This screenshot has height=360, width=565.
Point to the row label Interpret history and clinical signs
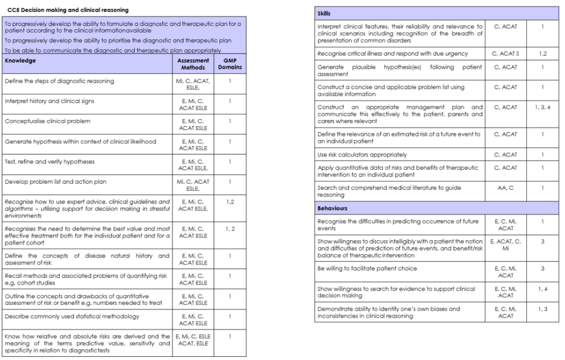[x=51, y=101]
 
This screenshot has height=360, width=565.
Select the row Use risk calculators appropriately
[x=363, y=154]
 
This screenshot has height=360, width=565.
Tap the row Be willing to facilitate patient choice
[x=367, y=268]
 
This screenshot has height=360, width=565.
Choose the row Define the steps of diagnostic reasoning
[x=59, y=81]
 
